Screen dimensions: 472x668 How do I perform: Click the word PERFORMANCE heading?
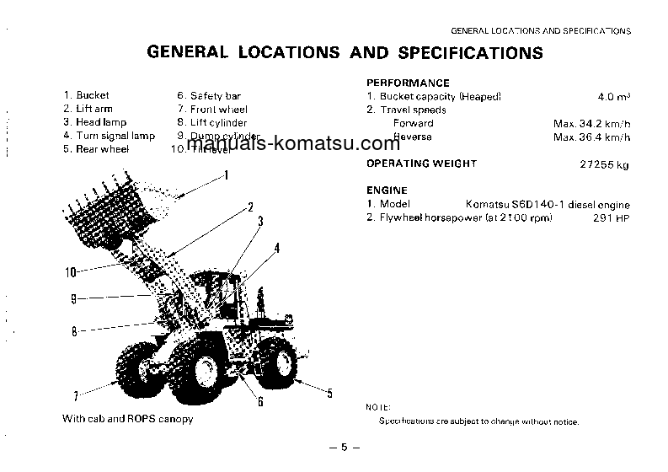(x=408, y=83)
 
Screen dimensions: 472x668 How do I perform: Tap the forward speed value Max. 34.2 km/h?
(x=591, y=123)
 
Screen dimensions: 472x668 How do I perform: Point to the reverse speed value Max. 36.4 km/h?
(x=591, y=137)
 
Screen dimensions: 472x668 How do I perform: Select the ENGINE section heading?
(x=387, y=190)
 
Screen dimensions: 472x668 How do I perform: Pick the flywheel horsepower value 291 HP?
(x=612, y=218)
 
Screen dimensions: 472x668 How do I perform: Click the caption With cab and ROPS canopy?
(x=127, y=419)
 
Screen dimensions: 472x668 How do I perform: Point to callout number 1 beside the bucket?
(x=226, y=176)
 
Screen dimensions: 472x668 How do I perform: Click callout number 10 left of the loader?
(x=70, y=271)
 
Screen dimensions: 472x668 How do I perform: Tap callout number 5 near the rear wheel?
(x=329, y=393)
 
